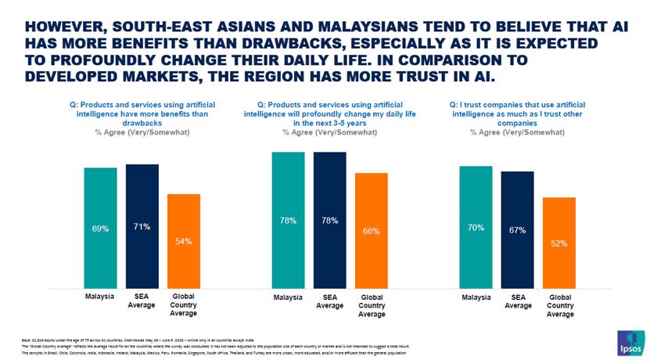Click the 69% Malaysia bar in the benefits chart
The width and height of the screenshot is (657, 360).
click(x=100, y=229)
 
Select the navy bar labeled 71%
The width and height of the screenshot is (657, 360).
click(x=142, y=227)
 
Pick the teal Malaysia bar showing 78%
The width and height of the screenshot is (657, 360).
click(x=288, y=221)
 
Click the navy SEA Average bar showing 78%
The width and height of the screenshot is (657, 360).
click(x=329, y=221)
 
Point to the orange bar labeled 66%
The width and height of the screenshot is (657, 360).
click(x=372, y=231)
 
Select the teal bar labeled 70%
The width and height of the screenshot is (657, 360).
click(x=476, y=228)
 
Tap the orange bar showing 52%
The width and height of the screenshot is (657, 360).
click(x=559, y=243)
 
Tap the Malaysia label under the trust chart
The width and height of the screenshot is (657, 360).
click(x=476, y=297)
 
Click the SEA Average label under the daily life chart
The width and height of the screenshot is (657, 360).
click(x=329, y=301)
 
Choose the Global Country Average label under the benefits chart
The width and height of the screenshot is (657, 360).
click(x=184, y=305)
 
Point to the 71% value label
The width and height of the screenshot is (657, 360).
click(x=142, y=227)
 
